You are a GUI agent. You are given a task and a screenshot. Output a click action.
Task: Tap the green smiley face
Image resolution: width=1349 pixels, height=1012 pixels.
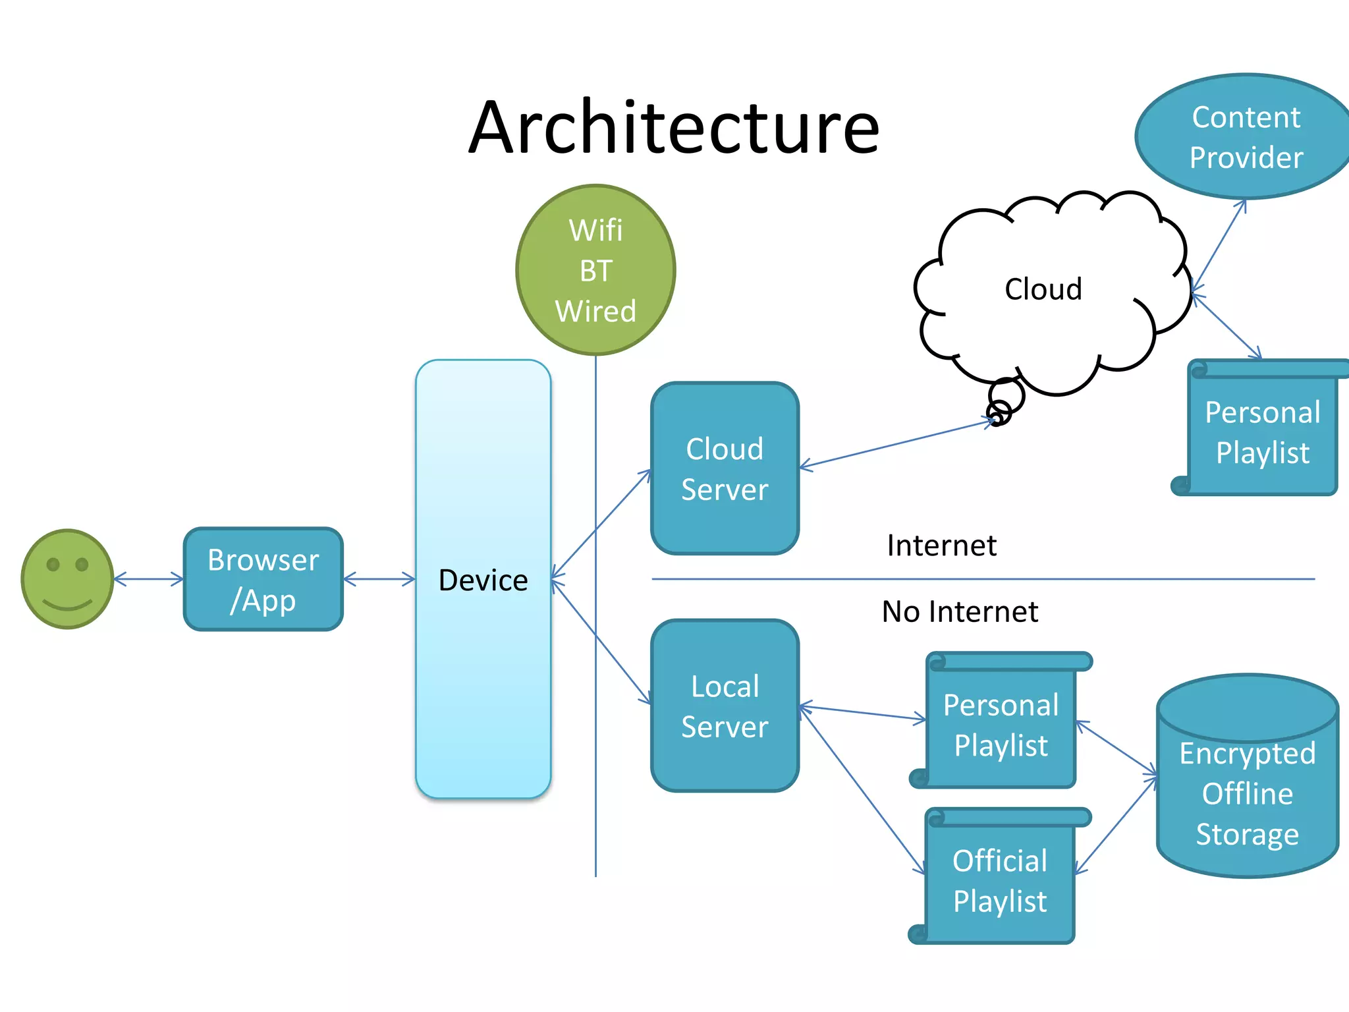[67, 579]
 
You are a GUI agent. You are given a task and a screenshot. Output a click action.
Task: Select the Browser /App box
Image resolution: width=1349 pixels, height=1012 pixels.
[263, 579]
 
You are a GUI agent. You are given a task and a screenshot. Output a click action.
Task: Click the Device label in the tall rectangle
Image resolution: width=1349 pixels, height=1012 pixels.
[483, 580]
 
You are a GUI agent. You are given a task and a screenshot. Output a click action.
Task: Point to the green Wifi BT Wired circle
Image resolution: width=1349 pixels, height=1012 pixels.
[595, 270]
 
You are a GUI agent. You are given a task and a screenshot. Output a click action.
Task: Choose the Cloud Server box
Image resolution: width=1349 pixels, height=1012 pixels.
[725, 468]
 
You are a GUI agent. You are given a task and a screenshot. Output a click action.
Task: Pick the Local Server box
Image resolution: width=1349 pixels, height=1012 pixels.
[725, 706]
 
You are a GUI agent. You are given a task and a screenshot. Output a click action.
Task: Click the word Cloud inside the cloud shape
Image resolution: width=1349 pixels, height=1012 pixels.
[1043, 289]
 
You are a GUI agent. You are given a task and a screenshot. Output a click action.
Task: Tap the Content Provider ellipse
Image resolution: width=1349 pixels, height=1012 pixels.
[1245, 137]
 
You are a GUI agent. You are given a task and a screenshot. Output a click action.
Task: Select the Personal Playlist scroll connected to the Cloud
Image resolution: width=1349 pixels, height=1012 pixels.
[1261, 432]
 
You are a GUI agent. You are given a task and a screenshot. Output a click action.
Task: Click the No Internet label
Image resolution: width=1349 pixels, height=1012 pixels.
[960, 611]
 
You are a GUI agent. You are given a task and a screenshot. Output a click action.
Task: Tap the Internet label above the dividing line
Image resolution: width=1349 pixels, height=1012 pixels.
[941, 546]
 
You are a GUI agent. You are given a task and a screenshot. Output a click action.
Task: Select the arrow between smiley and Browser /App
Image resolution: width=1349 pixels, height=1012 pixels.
[149, 579]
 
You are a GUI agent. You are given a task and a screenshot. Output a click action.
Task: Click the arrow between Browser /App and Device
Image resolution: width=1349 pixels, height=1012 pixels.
[379, 579]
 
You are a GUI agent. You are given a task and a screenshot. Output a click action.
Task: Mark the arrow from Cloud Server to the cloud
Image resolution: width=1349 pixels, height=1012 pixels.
[896, 444]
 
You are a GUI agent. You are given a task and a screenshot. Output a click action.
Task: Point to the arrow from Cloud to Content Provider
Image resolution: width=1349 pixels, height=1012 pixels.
[1219, 244]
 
